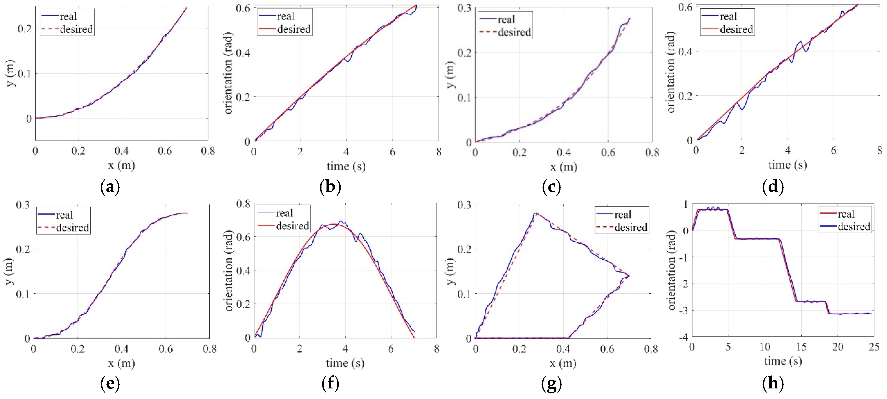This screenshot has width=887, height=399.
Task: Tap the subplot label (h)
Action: coord(773,383)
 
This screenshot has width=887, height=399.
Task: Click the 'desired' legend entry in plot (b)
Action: coord(293,29)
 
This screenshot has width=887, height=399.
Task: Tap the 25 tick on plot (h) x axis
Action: coord(874,347)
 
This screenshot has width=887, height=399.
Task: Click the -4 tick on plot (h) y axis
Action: coord(684,337)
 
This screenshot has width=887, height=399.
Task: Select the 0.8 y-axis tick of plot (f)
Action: coord(243,204)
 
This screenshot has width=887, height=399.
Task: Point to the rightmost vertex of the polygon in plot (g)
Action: coord(629,276)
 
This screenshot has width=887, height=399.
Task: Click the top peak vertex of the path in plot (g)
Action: coord(536,213)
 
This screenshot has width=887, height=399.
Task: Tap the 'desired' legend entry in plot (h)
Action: coord(854,227)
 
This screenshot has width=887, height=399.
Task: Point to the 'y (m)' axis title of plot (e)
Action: coord(10,271)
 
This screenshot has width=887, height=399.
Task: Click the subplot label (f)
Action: coord(330,383)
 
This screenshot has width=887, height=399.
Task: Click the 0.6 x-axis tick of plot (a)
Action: coord(165,151)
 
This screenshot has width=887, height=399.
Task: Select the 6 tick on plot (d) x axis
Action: coord(833,150)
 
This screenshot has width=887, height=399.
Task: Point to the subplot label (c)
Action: coord(551,187)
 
